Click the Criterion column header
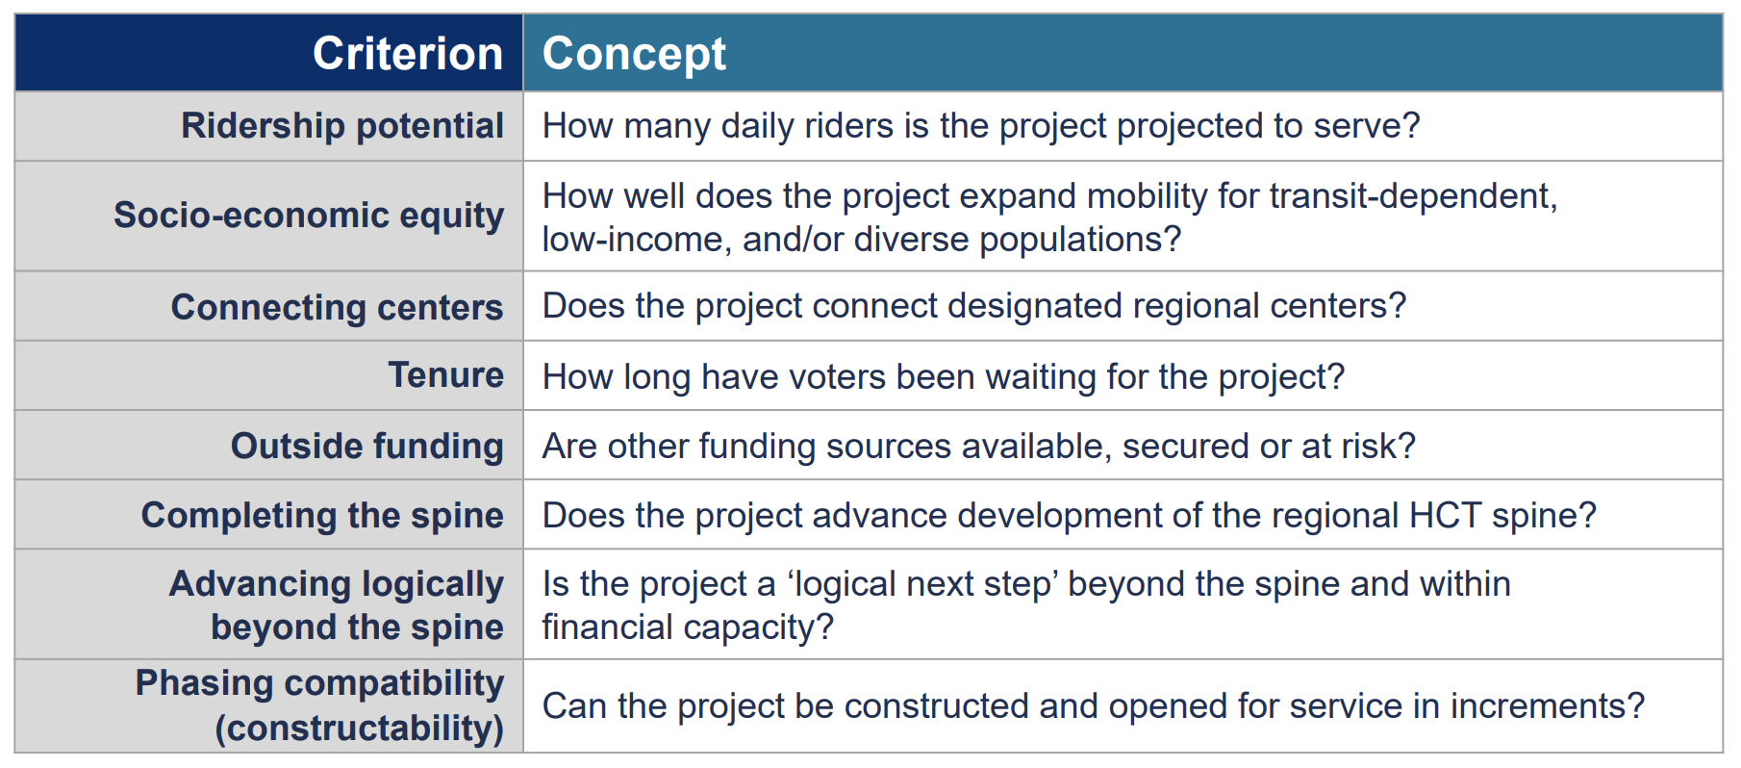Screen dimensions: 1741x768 (x=408, y=53)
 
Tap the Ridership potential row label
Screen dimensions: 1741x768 (x=342, y=126)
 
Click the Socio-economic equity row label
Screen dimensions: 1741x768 (x=309, y=216)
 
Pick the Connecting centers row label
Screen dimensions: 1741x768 (x=337, y=308)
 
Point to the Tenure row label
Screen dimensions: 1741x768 (x=445, y=375)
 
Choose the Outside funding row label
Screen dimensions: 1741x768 (x=367, y=447)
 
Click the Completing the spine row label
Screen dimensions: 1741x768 (x=322, y=516)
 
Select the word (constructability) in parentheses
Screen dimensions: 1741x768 (x=360, y=729)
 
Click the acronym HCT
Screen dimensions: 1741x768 (x=1445, y=516)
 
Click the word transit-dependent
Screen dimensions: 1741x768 (x=1413, y=197)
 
